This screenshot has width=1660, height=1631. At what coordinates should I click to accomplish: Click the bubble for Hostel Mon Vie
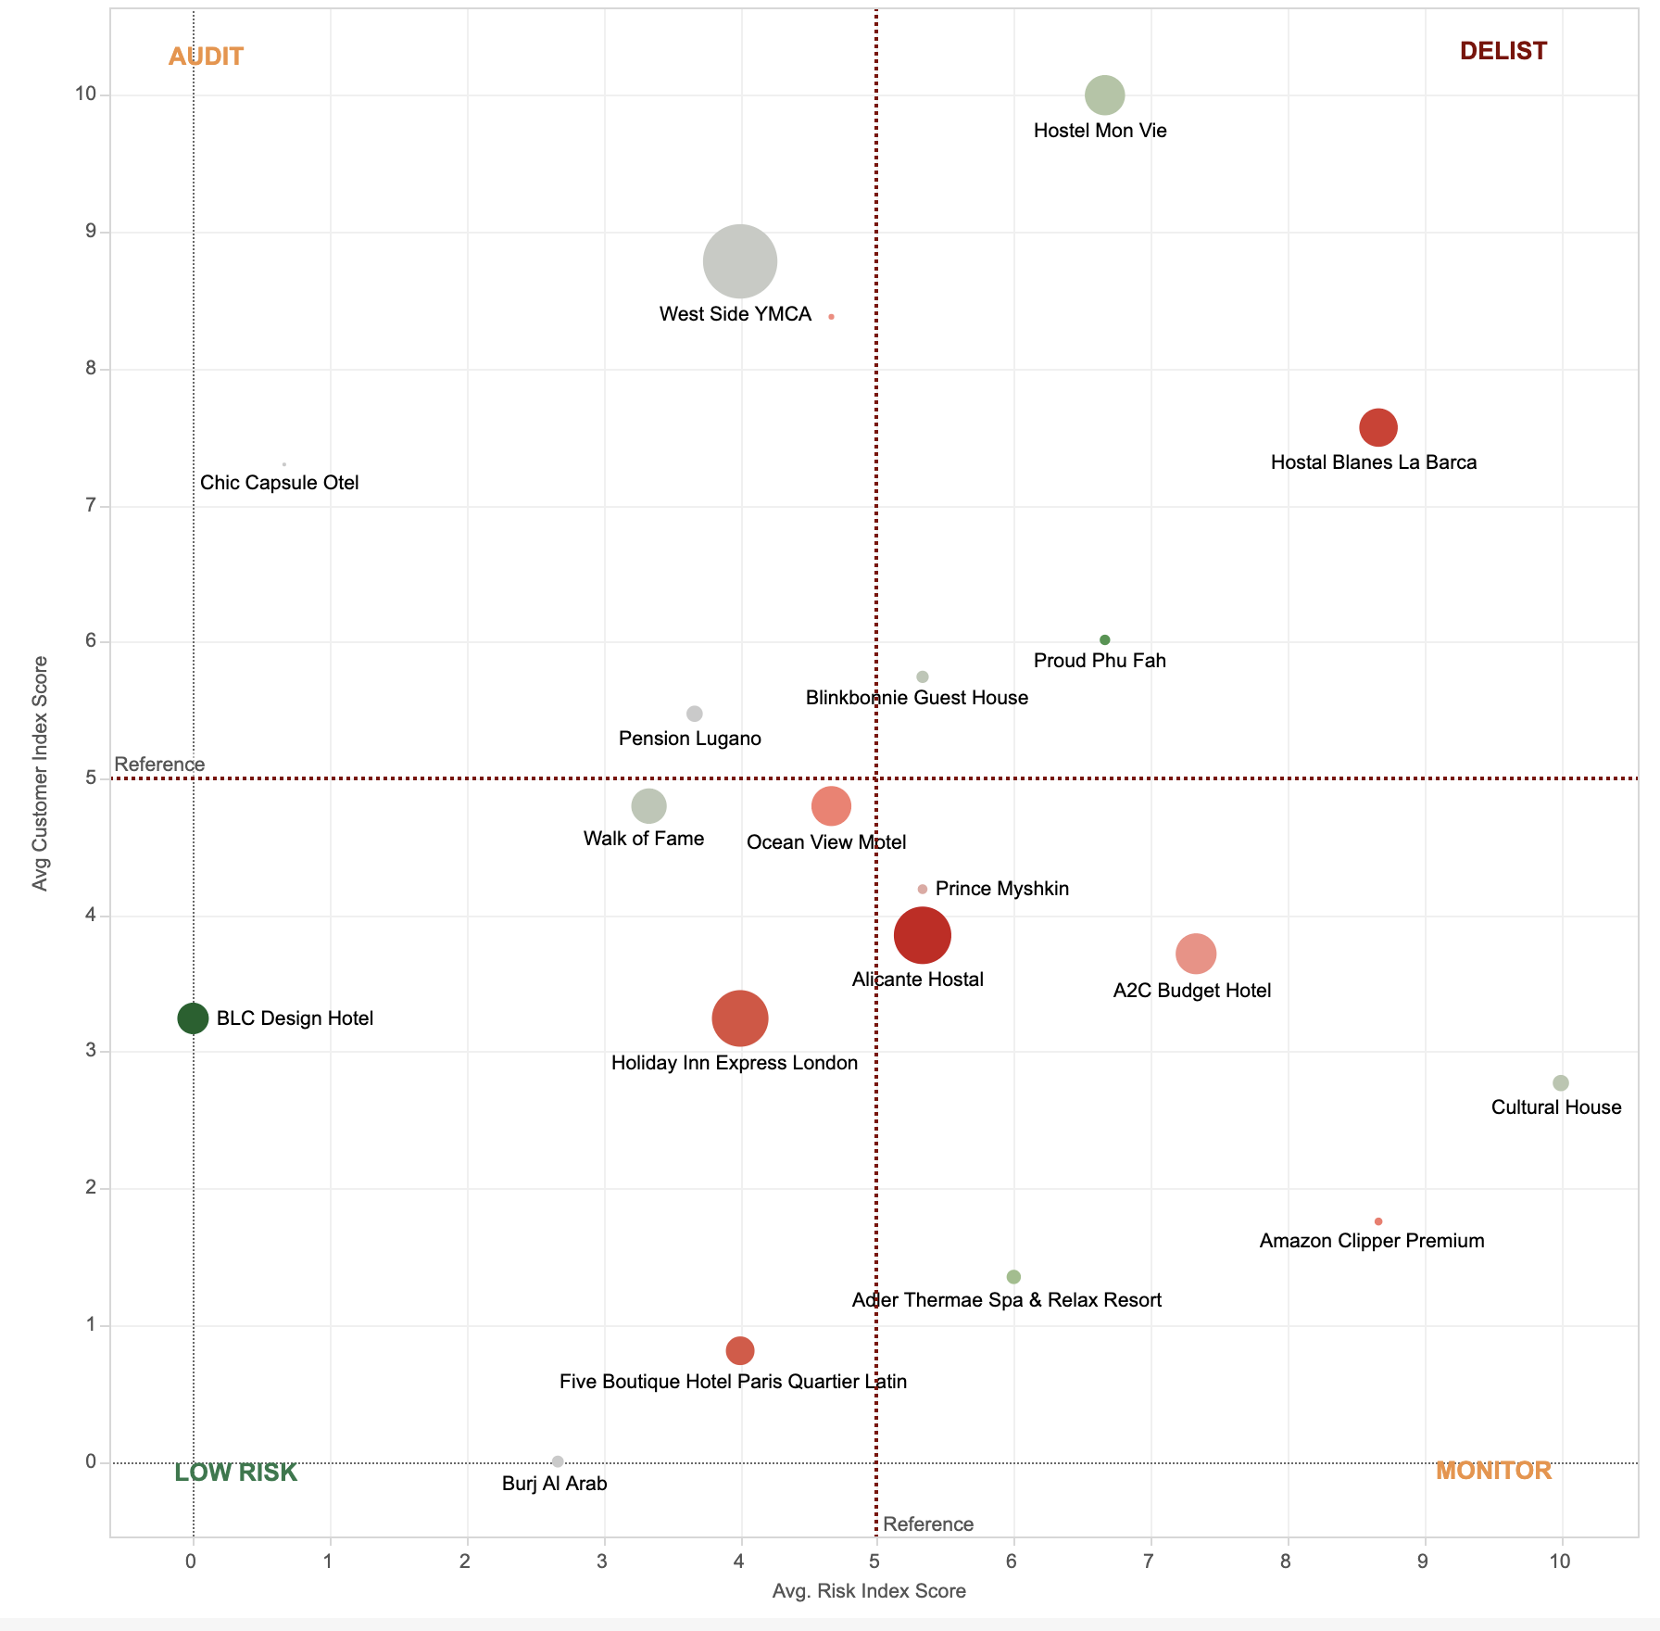coord(1104,95)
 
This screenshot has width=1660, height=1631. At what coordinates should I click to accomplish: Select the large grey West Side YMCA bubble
coord(739,261)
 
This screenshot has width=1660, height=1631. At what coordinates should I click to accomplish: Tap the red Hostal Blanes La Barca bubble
coord(1378,427)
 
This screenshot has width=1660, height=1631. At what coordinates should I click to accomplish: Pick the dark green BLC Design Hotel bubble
coord(193,1018)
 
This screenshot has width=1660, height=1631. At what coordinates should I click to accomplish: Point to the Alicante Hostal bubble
coord(922,935)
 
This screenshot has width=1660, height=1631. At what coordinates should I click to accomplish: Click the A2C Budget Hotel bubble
coord(1196,954)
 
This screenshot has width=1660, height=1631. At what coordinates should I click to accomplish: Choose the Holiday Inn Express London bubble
coord(739,1018)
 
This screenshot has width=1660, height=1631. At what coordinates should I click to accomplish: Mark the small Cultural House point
coord(1561,1083)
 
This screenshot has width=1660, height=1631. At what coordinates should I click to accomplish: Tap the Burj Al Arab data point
coord(558,1461)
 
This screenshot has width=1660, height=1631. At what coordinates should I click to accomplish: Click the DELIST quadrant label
coord(1503,51)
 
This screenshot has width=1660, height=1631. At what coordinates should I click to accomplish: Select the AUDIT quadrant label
coord(206,57)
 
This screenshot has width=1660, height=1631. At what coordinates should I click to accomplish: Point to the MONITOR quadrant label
coord(1493,1471)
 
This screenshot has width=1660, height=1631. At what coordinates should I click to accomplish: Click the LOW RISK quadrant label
coord(235,1473)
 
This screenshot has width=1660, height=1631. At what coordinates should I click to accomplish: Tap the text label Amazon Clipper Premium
coord(1371,1241)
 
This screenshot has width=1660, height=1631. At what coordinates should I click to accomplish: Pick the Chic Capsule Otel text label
coord(279,483)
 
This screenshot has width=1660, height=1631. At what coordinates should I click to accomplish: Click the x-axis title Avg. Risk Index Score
coord(868,1591)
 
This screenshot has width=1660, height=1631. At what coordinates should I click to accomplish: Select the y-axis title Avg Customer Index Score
coord(40,774)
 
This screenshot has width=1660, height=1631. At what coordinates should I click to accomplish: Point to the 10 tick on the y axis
coord(86,94)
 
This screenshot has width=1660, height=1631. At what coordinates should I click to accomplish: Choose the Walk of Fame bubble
coord(648,805)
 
